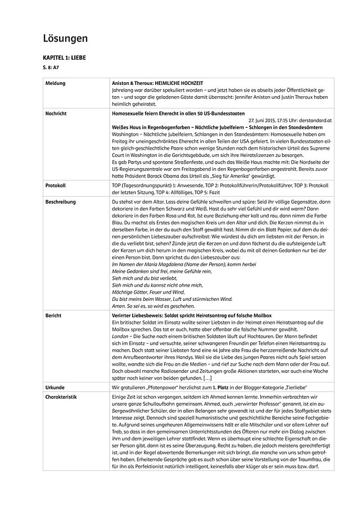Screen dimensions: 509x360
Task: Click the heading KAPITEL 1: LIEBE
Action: (65, 58)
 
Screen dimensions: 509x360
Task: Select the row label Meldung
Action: (55, 83)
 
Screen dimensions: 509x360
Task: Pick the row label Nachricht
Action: (56, 113)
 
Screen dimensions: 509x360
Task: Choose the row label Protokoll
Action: (55, 184)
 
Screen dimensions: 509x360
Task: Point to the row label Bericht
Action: (53, 316)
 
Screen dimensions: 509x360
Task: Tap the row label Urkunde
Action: (55, 388)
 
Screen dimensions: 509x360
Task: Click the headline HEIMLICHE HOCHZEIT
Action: (178, 83)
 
